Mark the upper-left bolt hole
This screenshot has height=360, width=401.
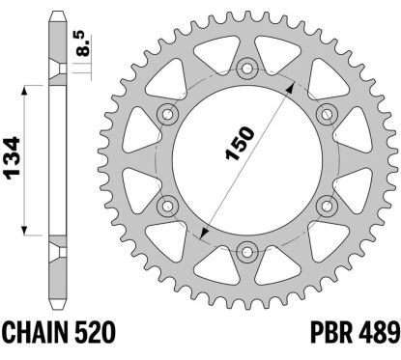pyautogui.click(x=169, y=113)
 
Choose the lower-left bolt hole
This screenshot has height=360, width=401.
pyautogui.click(x=169, y=206)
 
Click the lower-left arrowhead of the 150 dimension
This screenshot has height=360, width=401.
pyautogui.click(x=205, y=233)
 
